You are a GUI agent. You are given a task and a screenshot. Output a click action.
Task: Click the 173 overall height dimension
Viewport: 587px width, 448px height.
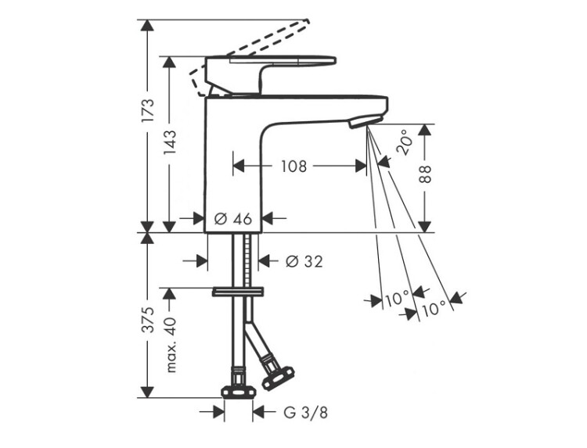coord(147,110)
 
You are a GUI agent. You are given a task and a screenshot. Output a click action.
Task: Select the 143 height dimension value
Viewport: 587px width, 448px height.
coord(169,142)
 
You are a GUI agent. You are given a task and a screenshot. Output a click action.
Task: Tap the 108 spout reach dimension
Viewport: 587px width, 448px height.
coord(293,166)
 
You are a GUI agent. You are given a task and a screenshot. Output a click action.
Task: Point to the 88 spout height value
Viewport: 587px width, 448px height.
coord(424,174)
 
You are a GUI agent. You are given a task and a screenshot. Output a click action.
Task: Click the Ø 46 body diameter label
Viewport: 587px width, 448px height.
coord(233,219)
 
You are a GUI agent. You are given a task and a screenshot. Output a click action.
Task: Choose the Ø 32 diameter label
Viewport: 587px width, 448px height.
coord(304,261)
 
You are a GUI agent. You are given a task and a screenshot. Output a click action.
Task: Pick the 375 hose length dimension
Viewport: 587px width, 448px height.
coord(147,320)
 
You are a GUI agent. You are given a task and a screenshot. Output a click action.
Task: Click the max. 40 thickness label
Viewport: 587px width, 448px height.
coord(171,345)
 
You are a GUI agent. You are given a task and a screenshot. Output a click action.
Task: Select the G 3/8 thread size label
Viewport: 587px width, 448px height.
coord(305,413)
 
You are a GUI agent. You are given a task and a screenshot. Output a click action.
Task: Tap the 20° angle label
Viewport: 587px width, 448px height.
coord(405,142)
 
